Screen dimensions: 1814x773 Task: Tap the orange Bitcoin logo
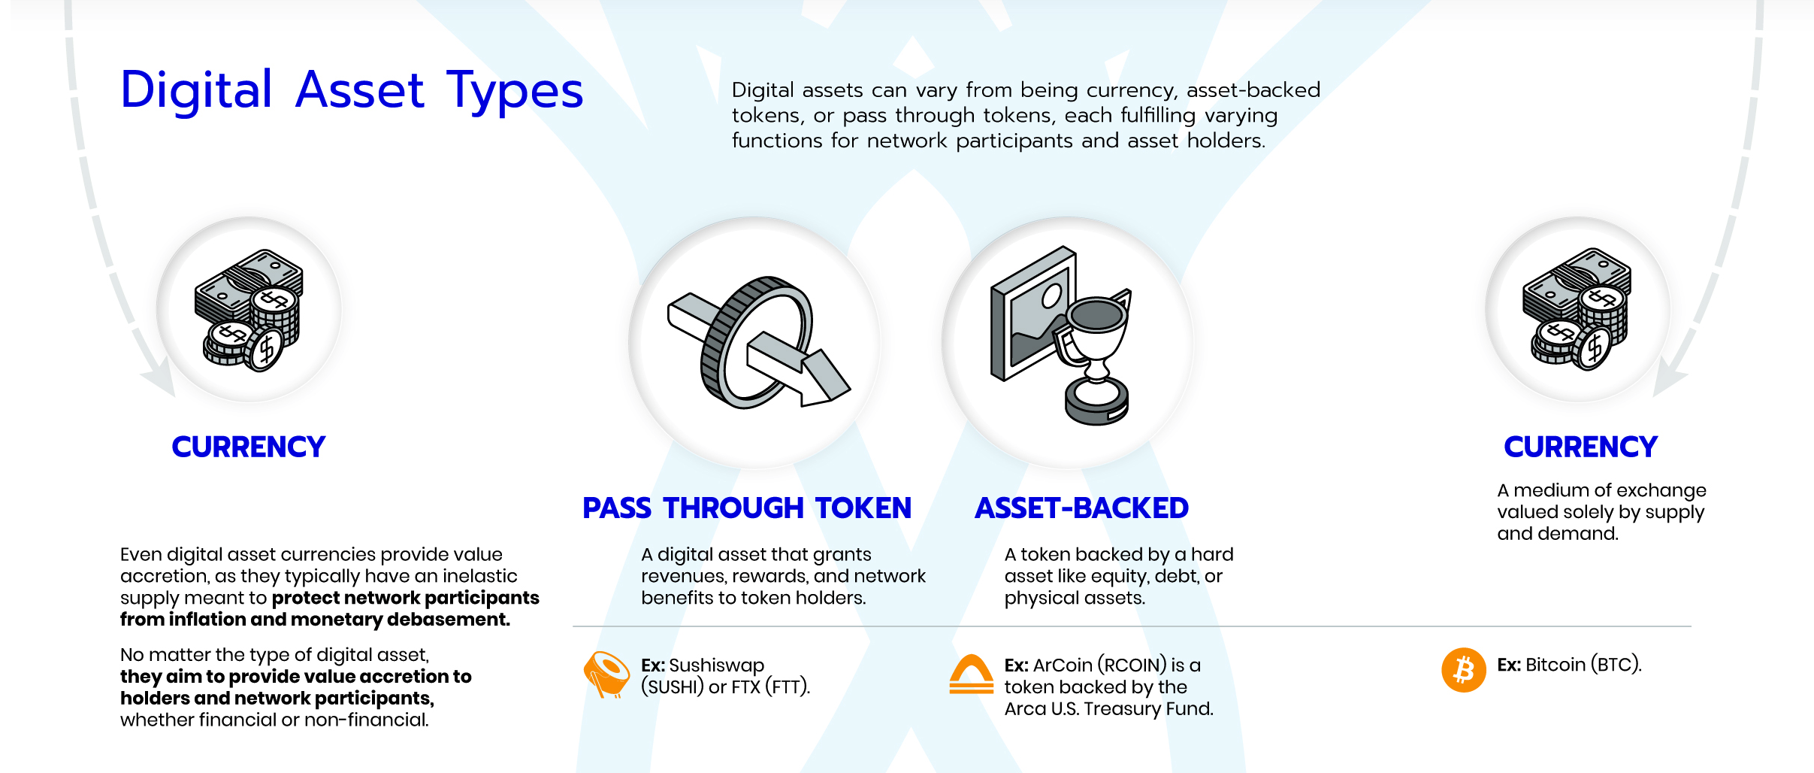coord(1463,669)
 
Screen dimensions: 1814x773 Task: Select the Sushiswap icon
coord(606,674)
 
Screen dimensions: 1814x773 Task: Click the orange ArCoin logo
coord(971,674)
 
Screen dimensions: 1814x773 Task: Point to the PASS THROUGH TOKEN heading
coord(747,508)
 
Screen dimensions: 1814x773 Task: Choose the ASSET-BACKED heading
coord(1081,508)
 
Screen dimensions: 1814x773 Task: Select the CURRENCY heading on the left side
coord(249,447)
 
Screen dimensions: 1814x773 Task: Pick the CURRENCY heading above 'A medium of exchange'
coord(1580,447)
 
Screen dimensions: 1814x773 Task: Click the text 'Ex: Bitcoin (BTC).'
coord(1569,665)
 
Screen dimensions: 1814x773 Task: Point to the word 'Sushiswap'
coord(716,665)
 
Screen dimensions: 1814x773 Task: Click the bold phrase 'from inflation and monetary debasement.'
coord(315,620)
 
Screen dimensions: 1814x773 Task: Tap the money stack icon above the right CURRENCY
coord(1577,309)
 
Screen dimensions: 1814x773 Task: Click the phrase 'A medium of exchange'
coord(1601,490)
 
